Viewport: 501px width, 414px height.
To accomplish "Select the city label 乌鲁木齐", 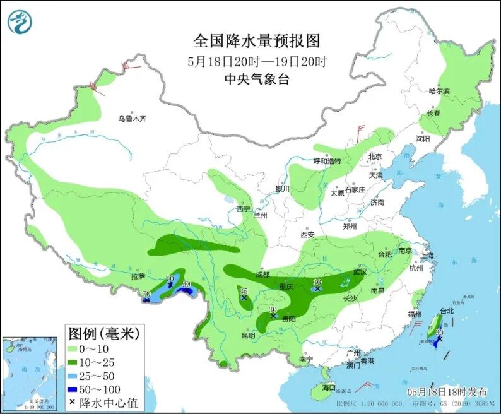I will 133,119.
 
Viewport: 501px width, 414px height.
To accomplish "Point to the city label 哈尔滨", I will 440,92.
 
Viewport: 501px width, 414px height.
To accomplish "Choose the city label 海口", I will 329,387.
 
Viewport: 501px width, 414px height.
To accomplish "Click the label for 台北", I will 446,310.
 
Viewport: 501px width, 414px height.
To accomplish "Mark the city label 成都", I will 262,275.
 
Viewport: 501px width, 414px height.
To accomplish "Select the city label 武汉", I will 360,271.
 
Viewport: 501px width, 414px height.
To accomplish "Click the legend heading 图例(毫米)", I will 103,332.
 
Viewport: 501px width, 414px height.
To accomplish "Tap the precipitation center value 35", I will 244,290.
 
